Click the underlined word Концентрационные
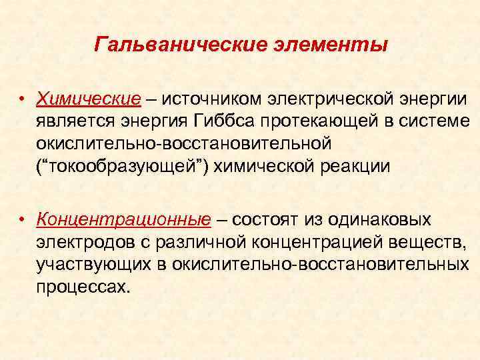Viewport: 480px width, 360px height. click(124, 219)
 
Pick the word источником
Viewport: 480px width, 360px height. click(212, 99)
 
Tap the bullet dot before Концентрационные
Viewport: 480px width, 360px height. click(22, 219)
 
